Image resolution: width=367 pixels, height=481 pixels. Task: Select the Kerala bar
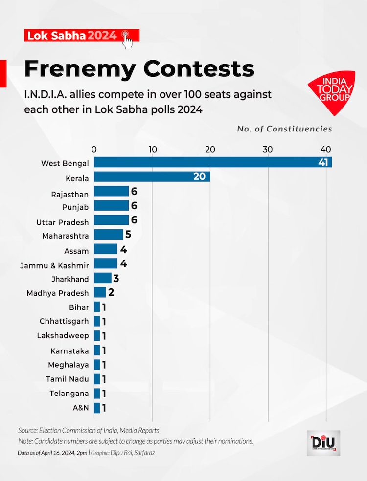152,176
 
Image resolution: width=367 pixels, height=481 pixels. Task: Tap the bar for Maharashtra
109,235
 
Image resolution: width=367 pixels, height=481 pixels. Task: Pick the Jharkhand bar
103,278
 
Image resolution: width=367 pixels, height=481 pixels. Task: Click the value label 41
323,162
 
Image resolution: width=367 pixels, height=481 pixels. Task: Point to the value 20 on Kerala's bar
199,176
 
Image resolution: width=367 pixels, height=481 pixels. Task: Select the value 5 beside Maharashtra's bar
128,235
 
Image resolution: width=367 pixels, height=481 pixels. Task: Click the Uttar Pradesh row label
63,222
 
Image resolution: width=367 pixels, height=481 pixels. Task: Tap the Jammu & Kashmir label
54,265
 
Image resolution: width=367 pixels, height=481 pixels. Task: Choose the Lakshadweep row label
63,335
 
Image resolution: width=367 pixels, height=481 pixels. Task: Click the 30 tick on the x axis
268,149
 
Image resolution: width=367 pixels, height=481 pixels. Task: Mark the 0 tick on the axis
94,149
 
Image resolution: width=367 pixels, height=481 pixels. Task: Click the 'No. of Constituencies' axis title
284,129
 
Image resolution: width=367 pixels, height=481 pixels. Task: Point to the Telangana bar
97,394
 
